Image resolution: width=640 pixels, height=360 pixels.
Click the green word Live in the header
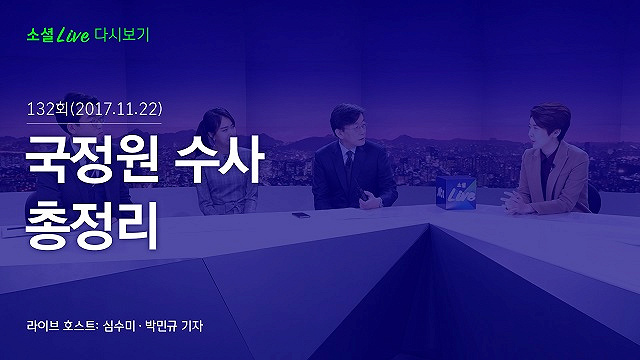[x=73, y=36]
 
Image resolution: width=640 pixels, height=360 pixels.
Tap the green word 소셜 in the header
[x=40, y=35]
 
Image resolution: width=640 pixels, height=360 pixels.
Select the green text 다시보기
[x=122, y=35]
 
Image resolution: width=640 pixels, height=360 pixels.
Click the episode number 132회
[x=47, y=109]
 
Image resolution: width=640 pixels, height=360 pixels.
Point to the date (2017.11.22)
[x=116, y=109]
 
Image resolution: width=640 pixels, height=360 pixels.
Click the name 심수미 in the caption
[x=119, y=326]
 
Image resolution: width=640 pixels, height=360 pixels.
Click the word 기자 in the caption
[x=192, y=326]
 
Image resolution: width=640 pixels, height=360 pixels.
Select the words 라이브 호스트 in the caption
[x=61, y=326]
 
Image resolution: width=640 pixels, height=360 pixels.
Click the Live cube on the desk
[x=456, y=193]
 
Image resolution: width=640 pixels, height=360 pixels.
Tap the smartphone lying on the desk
[x=301, y=215]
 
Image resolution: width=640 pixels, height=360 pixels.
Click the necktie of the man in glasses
[x=349, y=158]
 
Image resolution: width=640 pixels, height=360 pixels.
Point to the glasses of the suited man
[x=354, y=128]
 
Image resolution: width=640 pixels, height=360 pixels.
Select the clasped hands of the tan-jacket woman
[x=515, y=202]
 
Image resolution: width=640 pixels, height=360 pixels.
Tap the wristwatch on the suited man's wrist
[x=380, y=202]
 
